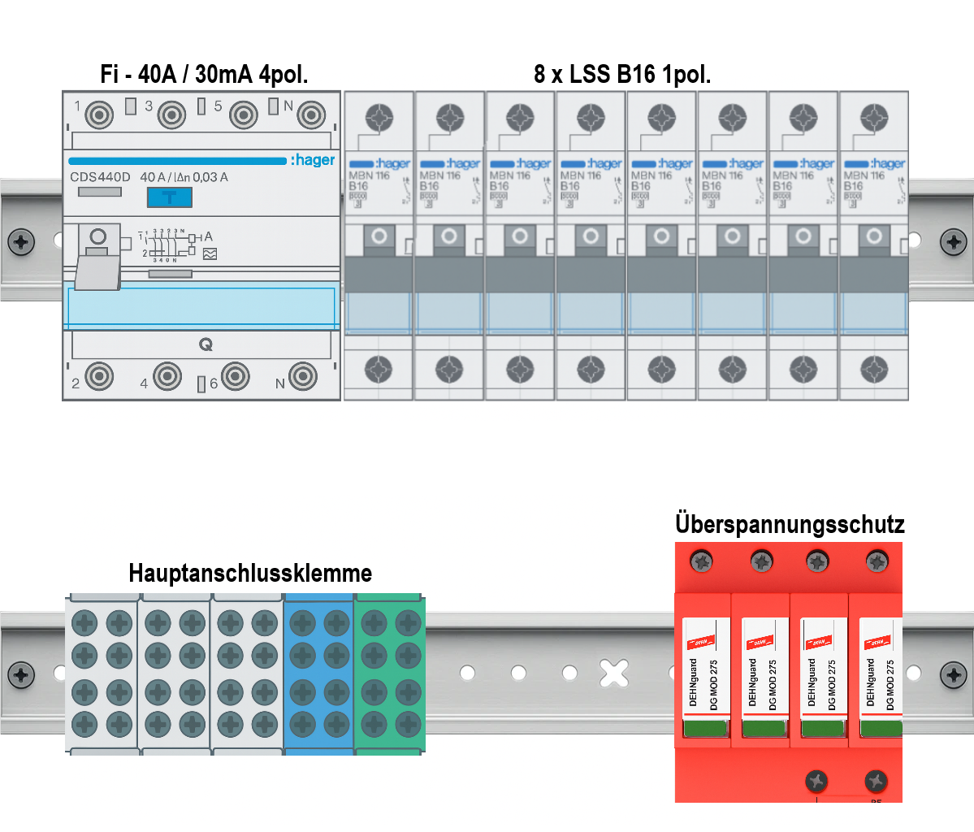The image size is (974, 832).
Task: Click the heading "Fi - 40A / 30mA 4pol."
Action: pyautogui.click(x=204, y=75)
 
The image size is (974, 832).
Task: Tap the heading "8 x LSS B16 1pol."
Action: pyautogui.click(x=622, y=75)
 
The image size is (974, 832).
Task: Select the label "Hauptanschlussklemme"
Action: pyautogui.click(x=250, y=573)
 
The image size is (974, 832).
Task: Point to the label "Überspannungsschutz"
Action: pyautogui.click(x=790, y=524)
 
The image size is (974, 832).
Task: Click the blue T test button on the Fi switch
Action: pyautogui.click(x=169, y=197)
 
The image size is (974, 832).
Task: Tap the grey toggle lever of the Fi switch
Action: pyautogui.click(x=97, y=268)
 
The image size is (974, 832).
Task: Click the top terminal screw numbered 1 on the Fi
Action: pyautogui.click(x=100, y=115)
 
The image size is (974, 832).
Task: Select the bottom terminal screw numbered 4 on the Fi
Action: pyautogui.click(x=167, y=376)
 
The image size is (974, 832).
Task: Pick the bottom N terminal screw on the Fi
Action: pyautogui.click(x=303, y=376)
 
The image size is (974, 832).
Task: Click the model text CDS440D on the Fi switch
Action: pyautogui.click(x=100, y=177)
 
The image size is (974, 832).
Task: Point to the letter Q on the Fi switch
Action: pyautogui.click(x=206, y=345)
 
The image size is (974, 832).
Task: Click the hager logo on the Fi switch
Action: pyautogui.click(x=313, y=160)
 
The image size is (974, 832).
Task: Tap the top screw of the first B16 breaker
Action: pyautogui.click(x=379, y=118)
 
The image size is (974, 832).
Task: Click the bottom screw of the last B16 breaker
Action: pyautogui.click(x=874, y=370)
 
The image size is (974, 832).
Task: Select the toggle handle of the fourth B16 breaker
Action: pyautogui.click(x=591, y=236)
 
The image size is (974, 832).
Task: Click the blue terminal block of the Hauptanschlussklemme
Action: pyautogui.click(x=318, y=674)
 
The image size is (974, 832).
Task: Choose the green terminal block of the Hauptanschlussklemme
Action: pyautogui.click(x=390, y=674)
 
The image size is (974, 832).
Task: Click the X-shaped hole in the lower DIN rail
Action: pyautogui.click(x=614, y=673)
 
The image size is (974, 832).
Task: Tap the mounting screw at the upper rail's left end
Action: pyautogui.click(x=21, y=240)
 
